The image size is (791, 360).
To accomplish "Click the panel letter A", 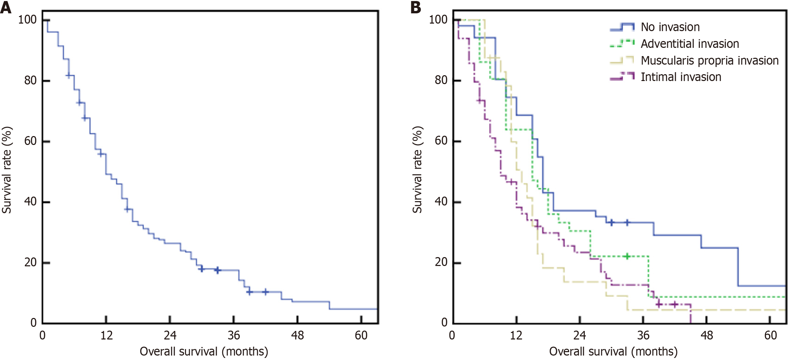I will click(6, 8).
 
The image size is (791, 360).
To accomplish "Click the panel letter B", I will click(416, 8).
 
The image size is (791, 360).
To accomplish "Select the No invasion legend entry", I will click(670, 27).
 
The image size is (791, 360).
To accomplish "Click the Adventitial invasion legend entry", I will click(689, 44).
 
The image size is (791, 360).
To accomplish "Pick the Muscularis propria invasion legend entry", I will click(709, 61).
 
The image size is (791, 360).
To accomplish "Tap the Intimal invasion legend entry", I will click(681, 77).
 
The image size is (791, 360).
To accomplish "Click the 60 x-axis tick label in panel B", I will click(770, 335).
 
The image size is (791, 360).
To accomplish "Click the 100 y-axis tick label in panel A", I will click(27, 19).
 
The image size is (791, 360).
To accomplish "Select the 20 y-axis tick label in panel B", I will click(441, 262).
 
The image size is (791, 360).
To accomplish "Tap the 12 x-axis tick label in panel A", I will click(106, 335).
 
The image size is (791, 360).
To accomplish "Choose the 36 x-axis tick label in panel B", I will click(643, 335).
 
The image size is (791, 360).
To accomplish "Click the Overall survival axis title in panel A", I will click(204, 351).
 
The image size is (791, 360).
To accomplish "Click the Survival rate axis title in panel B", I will click(417, 170).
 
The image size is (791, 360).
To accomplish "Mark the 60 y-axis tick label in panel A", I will click(30, 141).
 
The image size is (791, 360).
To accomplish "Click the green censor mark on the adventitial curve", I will click(627, 256).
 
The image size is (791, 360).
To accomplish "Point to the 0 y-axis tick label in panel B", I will click(444, 322).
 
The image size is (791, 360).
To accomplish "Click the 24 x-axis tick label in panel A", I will click(170, 335).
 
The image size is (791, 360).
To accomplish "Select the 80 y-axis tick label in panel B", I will click(441, 80).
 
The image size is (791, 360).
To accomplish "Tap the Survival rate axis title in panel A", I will click(7, 170).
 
